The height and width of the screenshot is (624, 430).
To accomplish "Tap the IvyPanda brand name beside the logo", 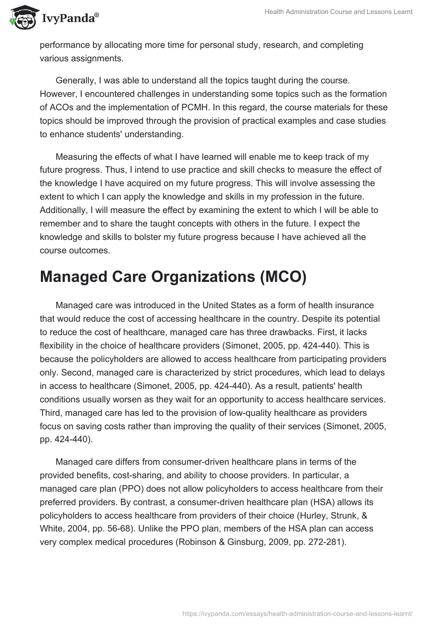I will pyautogui.click(x=68, y=18).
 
